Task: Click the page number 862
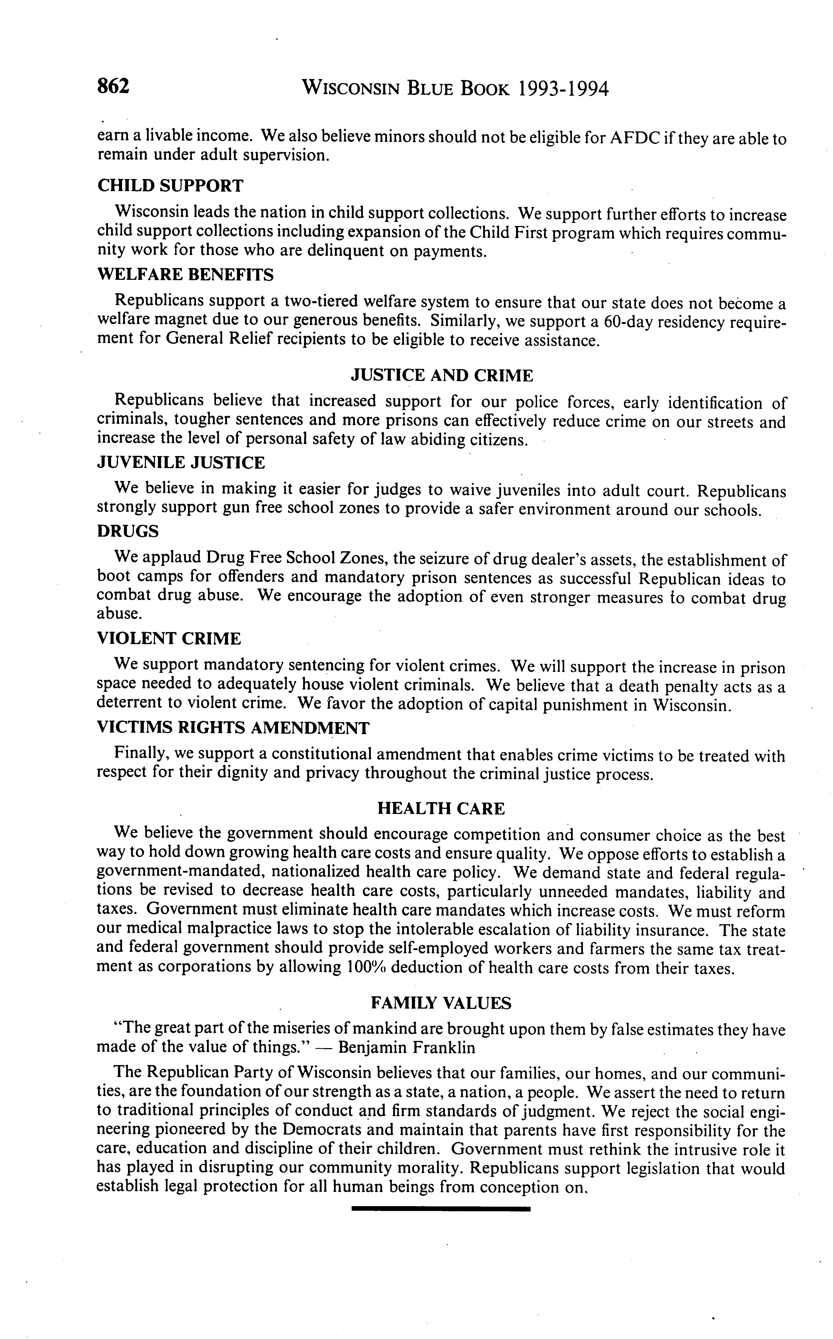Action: coord(114,86)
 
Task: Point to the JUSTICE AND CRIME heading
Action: coord(442,376)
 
